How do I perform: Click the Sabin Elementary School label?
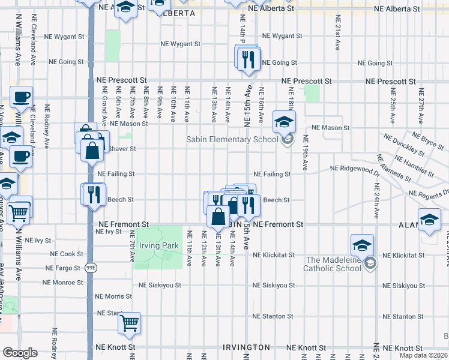point(232,140)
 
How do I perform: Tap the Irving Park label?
point(159,245)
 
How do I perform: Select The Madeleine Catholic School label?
point(333,264)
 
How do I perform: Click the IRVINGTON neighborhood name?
point(247,348)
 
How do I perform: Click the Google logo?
point(19,353)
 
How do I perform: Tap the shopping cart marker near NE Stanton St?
point(130,323)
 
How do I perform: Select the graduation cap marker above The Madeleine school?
point(363,245)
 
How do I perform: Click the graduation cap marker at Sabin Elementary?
point(284,122)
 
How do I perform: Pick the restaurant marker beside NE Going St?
point(247,59)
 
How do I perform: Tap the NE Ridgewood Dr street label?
point(353,170)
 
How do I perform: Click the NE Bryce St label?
point(428,140)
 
